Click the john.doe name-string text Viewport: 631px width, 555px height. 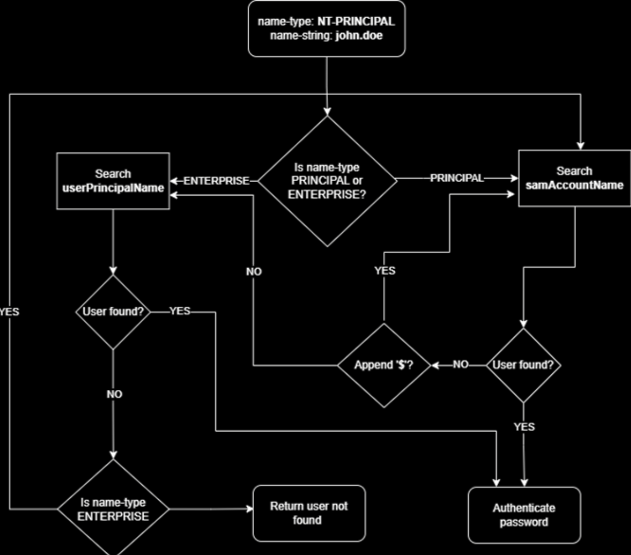coord(359,36)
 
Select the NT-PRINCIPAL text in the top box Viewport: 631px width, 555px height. coord(356,22)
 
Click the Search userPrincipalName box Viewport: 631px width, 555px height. coord(113,181)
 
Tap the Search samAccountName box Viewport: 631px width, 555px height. coord(574,179)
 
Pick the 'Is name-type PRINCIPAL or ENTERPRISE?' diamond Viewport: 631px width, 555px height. coord(327,181)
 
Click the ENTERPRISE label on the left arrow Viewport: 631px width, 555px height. coord(216,181)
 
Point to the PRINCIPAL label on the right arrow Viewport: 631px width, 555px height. coord(457,178)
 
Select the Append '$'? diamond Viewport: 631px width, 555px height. coord(384,365)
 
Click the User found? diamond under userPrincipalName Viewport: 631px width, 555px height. coord(113,312)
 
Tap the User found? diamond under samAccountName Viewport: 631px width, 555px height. coord(523,365)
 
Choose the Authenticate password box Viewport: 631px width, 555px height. coord(524,515)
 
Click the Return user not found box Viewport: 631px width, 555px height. coord(309,513)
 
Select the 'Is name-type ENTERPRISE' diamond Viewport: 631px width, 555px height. coord(113,509)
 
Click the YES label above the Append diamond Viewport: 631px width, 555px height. coord(385,271)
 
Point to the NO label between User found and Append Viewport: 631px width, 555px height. coord(460,364)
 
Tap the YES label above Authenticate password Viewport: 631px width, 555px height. coord(524,427)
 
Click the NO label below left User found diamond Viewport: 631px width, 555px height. coord(114,394)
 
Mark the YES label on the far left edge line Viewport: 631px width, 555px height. coord(9,312)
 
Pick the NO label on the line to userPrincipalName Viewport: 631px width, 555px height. coord(254,271)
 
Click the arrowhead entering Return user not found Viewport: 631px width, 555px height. coord(250,509)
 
